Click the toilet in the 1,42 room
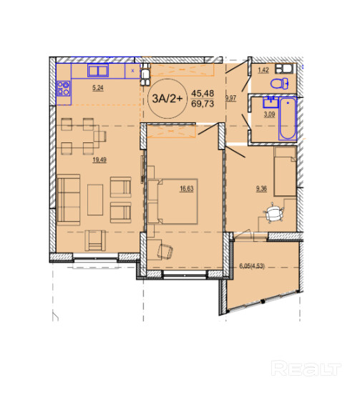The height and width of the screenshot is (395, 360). click(x=279, y=84)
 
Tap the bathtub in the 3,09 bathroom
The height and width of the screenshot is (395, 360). click(x=288, y=119)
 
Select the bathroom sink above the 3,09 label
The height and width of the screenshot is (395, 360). click(x=271, y=102)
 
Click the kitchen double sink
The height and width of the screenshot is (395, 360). click(x=98, y=70)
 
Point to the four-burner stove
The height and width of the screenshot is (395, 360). click(x=63, y=89)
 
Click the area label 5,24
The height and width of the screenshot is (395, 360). click(x=98, y=88)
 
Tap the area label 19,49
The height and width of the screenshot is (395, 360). click(x=99, y=160)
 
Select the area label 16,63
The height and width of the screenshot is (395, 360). click(x=187, y=189)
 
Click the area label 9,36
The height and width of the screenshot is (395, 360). click(x=261, y=189)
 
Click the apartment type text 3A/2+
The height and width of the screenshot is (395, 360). click(x=167, y=99)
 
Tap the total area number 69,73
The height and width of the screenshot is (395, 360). click(x=203, y=104)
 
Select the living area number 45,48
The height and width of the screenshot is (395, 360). click(x=203, y=94)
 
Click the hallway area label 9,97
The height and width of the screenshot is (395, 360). click(x=230, y=98)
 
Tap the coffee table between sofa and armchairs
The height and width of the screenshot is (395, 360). click(x=95, y=200)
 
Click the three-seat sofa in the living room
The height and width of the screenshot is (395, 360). click(x=69, y=200)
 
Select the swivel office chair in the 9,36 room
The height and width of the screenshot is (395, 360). click(x=273, y=213)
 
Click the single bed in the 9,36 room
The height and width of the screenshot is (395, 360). click(x=285, y=171)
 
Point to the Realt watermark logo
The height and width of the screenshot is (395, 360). click(x=306, y=368)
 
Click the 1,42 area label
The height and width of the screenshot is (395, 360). click(x=263, y=70)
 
